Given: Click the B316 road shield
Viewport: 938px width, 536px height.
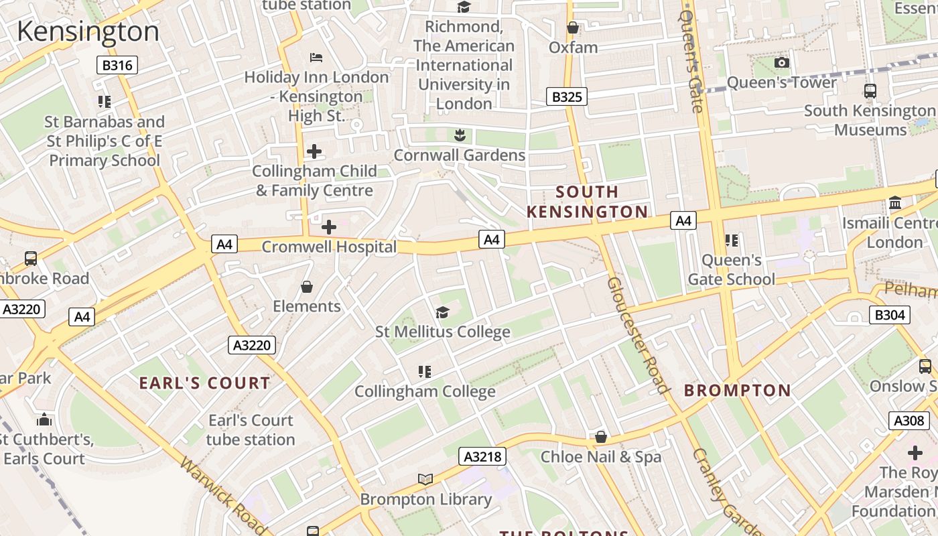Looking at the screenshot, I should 118,65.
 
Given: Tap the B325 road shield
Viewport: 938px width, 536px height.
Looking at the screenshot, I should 566,96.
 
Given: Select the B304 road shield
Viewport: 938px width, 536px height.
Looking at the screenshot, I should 890,315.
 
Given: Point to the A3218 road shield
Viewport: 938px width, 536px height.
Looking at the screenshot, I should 482,457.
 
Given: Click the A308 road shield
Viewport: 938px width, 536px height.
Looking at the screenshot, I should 909,420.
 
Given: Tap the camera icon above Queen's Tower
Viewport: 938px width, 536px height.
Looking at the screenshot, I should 781,63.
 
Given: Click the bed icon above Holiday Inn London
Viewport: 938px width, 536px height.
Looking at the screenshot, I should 316,58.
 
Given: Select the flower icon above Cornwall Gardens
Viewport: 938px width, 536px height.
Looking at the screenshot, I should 460,135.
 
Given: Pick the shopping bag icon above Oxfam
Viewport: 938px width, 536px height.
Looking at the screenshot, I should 573,27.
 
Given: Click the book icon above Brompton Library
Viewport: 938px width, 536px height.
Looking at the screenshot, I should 425,478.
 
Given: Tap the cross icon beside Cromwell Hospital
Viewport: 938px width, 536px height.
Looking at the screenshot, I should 329,227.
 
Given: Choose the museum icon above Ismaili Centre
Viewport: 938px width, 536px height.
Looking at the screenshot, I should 895,203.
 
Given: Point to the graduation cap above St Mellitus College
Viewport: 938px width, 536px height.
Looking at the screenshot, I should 442,312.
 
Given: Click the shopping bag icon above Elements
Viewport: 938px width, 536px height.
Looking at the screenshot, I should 307,287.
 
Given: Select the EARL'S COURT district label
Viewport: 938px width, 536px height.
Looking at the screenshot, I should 204,383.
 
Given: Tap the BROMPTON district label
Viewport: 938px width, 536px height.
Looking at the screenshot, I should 737,390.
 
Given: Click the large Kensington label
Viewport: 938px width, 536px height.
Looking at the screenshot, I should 88,31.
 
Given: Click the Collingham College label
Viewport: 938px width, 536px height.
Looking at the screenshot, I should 425,391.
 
